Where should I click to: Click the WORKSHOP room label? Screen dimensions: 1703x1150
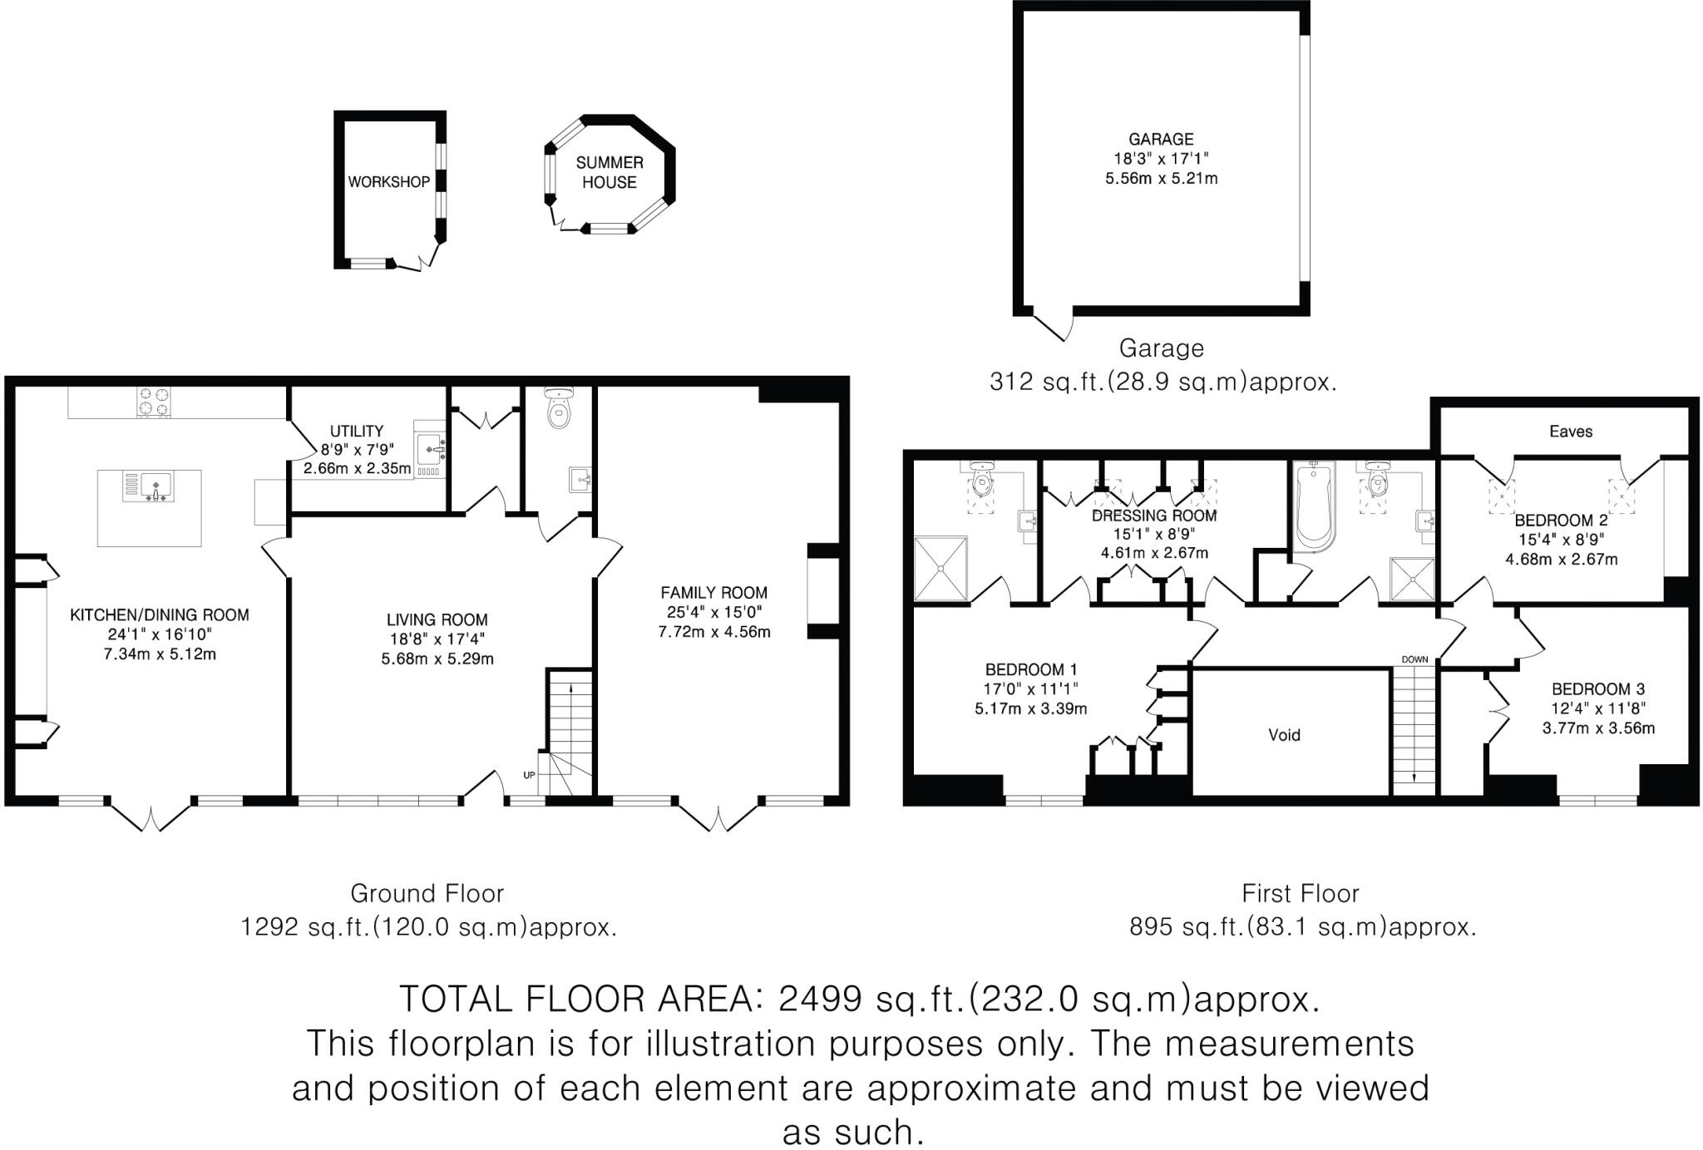pyautogui.click(x=388, y=182)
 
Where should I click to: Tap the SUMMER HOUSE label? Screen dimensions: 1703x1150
pyautogui.click(x=610, y=172)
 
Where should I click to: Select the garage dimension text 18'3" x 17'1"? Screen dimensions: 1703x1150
pyautogui.click(x=1161, y=159)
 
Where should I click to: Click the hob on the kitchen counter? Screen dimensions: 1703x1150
pyautogui.click(x=153, y=402)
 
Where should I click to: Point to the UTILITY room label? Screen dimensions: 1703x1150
pyautogui.click(x=357, y=431)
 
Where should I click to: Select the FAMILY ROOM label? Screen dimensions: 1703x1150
pyautogui.click(x=713, y=593)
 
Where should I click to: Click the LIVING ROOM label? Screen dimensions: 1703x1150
pyautogui.click(x=437, y=619)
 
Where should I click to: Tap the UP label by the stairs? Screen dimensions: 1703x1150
pyautogui.click(x=529, y=775)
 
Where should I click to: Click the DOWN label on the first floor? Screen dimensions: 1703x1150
pyautogui.click(x=1414, y=659)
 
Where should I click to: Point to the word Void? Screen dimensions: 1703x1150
pyautogui.click(x=1284, y=735)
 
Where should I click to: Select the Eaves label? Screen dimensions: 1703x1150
pyautogui.click(x=1571, y=431)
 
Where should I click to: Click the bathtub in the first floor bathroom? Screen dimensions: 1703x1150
pyautogui.click(x=1313, y=507)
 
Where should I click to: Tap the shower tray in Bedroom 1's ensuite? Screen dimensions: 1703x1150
pyautogui.click(x=940, y=568)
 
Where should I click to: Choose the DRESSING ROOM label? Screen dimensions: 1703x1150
pyautogui.click(x=1154, y=516)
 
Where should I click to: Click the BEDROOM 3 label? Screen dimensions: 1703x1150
pyautogui.click(x=1598, y=689)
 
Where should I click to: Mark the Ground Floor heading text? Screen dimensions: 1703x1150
pyautogui.click(x=427, y=893)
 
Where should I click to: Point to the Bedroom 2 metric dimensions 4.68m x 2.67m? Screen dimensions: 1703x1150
pyautogui.click(x=1562, y=559)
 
